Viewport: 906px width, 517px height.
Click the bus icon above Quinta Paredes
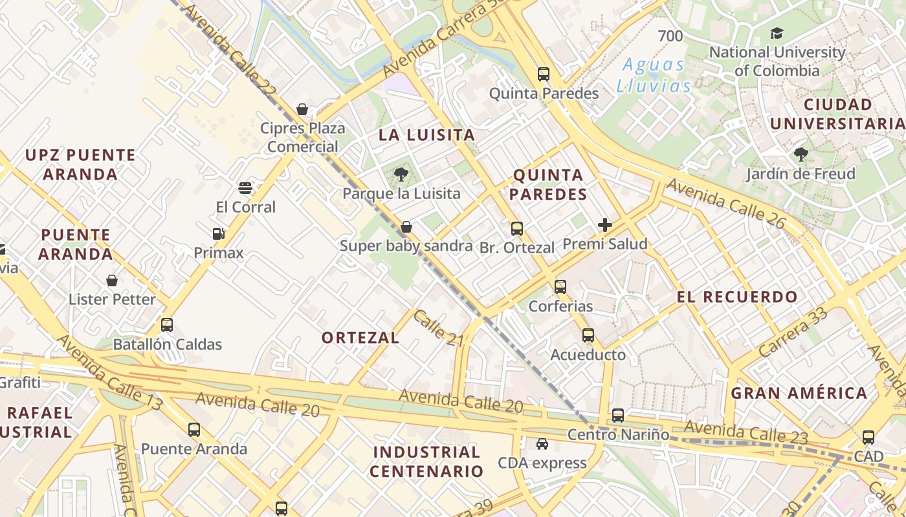coord(544,74)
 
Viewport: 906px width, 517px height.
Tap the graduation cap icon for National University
coord(777,33)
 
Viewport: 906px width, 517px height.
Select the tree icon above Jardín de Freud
coord(801,154)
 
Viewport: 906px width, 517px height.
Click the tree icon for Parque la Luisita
coord(401,173)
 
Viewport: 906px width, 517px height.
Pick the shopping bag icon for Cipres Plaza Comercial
coord(302,109)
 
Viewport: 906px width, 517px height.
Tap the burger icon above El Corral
coord(245,188)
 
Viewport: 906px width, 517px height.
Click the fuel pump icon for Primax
coord(218,234)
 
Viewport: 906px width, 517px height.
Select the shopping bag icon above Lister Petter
coord(112,280)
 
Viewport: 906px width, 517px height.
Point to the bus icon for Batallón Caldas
coord(167,325)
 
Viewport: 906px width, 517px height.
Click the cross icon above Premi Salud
coord(605,225)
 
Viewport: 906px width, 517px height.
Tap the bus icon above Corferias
coord(560,286)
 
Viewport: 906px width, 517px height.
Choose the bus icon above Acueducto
coord(588,335)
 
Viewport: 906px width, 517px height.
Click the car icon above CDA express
coord(542,444)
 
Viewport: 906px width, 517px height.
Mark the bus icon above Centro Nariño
coord(618,416)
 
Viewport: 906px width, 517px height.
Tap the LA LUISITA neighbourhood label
coord(427,135)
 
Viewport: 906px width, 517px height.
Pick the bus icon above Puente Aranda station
coord(194,430)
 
